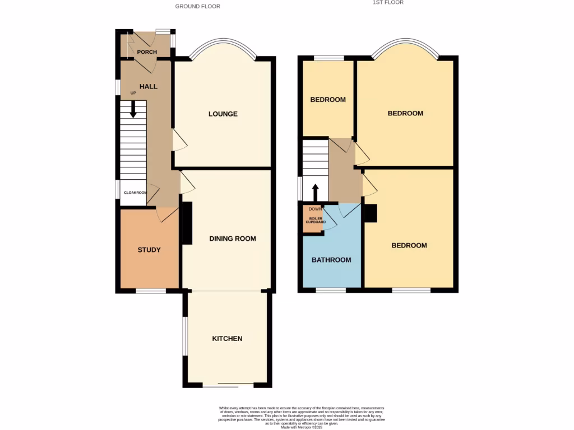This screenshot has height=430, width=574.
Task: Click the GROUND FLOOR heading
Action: (x=197, y=7)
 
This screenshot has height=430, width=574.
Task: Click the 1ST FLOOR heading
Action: (x=388, y=3)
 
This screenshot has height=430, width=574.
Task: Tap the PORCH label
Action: (x=147, y=52)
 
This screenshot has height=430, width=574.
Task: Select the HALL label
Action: (x=148, y=86)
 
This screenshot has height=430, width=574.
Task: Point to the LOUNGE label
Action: (x=223, y=114)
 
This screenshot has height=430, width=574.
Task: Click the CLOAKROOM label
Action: (x=135, y=193)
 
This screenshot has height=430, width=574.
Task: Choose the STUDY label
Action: (x=149, y=250)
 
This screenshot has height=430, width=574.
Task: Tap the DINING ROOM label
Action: (x=232, y=239)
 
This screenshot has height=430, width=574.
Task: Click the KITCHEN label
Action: (x=227, y=339)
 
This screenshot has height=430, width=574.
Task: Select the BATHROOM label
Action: (x=331, y=260)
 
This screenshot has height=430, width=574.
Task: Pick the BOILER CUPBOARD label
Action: (x=315, y=220)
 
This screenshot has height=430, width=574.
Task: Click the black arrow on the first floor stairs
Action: (x=315, y=192)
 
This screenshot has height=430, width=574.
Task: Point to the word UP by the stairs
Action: (x=133, y=93)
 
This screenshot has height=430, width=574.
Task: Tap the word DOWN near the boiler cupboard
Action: (x=314, y=209)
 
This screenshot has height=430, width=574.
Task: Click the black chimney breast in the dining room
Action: (x=187, y=223)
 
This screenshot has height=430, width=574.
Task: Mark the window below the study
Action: (x=151, y=291)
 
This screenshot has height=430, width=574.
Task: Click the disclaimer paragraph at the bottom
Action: (x=303, y=417)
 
